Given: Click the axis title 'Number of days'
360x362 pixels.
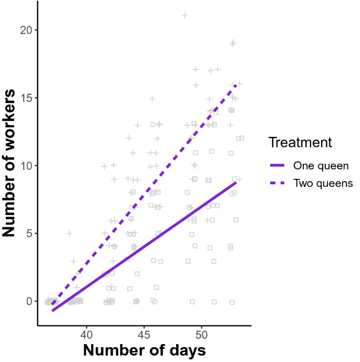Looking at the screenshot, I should click(x=144, y=350).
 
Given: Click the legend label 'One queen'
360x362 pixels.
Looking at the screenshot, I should click(x=321, y=166).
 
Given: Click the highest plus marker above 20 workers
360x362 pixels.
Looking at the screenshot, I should click(x=185, y=15).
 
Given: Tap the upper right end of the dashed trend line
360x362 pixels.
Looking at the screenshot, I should click(x=236, y=85).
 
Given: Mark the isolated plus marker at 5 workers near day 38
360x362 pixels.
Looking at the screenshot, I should click(x=69, y=233).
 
